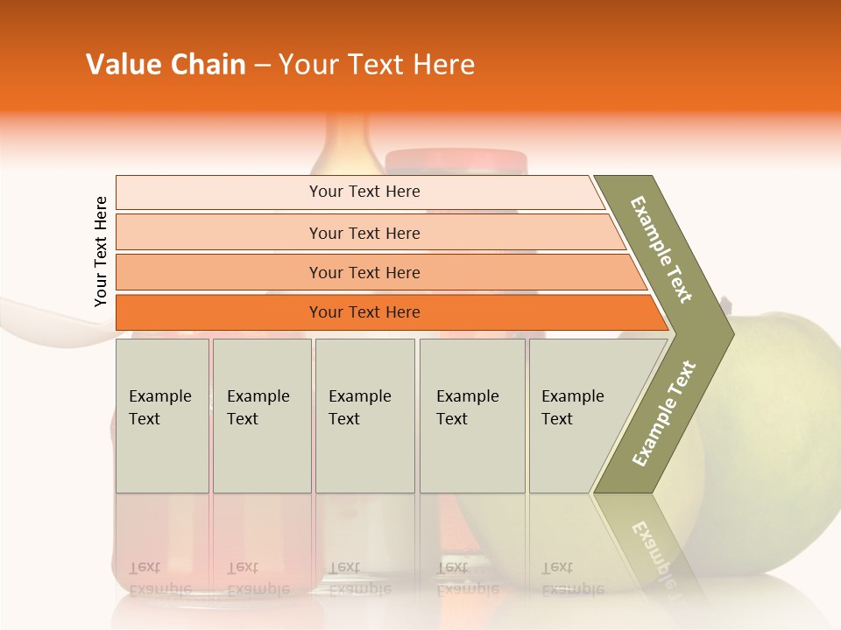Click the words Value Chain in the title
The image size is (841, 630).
pyautogui.click(x=166, y=65)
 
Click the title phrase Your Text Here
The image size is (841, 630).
pyautogui.click(x=377, y=65)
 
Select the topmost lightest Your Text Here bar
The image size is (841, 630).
pyautogui.click(x=364, y=192)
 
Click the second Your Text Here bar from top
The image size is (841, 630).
pyautogui.click(x=364, y=233)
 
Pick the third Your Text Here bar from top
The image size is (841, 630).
pyautogui.click(x=364, y=272)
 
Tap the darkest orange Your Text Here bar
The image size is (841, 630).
pyautogui.click(x=364, y=312)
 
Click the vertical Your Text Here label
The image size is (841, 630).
pyautogui.click(x=101, y=251)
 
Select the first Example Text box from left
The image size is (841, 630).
pyautogui.click(x=162, y=416)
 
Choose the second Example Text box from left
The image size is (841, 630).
pyautogui.click(x=261, y=416)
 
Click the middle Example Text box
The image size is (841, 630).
pyautogui.click(x=364, y=416)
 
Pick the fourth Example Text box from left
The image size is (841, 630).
pyautogui.click(x=471, y=416)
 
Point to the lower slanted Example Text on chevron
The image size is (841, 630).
pyautogui.click(x=663, y=413)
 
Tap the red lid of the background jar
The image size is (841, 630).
pyautogui.click(x=456, y=160)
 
